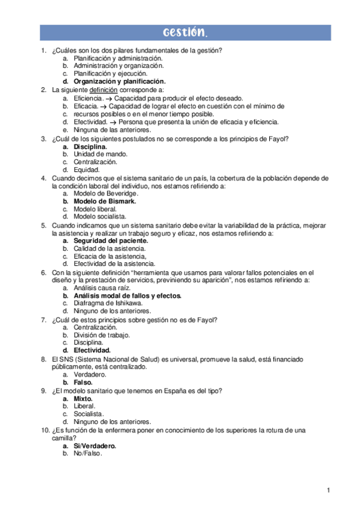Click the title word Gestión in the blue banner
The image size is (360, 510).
(186, 32)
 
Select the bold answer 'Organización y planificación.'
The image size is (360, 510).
(120, 81)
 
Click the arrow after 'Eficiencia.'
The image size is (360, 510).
(109, 98)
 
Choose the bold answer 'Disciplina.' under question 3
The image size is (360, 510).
(91, 147)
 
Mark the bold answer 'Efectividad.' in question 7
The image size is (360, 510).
(92, 351)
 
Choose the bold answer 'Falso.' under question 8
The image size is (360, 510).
(83, 382)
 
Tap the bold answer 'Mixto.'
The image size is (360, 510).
(83, 398)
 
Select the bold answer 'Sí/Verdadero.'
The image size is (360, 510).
(95, 446)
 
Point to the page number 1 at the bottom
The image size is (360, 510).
(329, 491)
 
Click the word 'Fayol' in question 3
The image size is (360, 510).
(278, 138)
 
